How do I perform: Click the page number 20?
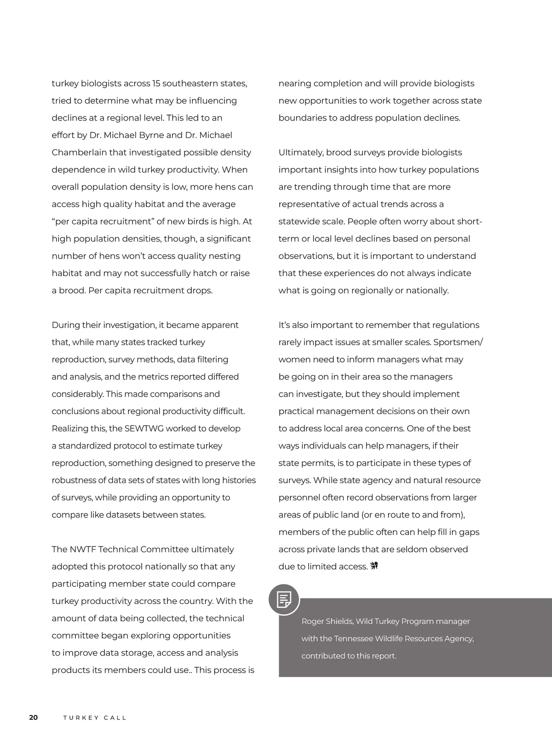coord(34,718)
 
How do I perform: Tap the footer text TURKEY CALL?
coord(95,718)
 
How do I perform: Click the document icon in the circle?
coord(284,599)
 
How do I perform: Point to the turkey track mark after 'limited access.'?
coord(374,566)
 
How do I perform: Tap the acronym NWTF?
coord(82,549)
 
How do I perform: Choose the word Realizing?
coord(70,428)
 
